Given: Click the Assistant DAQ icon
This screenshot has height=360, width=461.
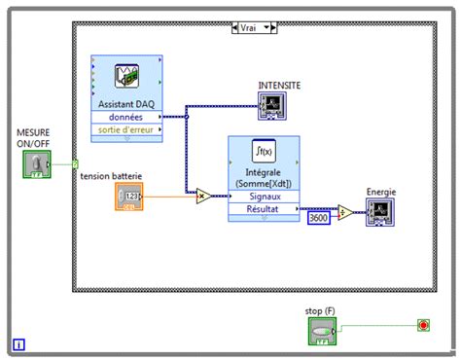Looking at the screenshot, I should [x=126, y=77].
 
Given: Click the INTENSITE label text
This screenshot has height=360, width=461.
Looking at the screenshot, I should [x=279, y=85].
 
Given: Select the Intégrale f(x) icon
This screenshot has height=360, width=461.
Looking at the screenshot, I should [x=262, y=151].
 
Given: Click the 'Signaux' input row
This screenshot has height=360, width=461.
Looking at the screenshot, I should [x=263, y=196].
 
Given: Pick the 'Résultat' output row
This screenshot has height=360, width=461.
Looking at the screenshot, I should [x=263, y=208].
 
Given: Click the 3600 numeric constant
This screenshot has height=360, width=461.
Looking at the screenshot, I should [x=319, y=218].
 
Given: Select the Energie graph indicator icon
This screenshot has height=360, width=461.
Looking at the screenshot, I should [x=379, y=212].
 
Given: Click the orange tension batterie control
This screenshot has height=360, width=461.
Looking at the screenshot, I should [x=129, y=198].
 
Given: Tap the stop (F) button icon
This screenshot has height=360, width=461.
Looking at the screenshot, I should [x=322, y=331].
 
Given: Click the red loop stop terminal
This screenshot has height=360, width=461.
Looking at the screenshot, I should [x=422, y=324].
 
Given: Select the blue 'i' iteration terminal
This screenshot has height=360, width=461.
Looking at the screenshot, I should [x=19, y=343].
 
